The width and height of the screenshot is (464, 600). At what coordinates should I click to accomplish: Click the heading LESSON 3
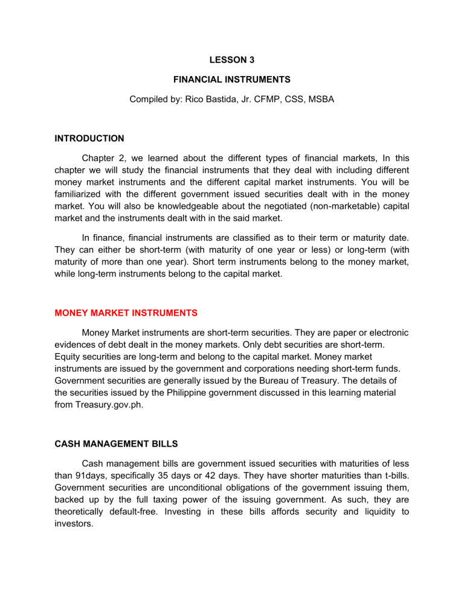coord(231,60)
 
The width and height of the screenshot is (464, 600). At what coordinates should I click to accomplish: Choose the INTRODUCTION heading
coord(90,138)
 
